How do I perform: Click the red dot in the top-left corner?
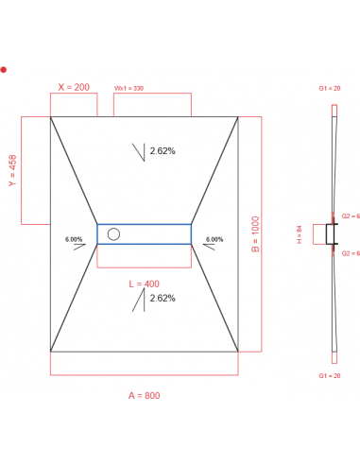[4, 69]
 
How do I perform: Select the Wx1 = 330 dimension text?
[129, 88]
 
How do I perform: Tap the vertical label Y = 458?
[12, 171]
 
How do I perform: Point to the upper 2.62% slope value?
[163, 151]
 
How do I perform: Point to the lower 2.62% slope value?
[163, 299]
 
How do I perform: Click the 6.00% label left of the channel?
[74, 239]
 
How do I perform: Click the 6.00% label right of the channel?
[213, 239]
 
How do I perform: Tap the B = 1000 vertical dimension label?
[254, 232]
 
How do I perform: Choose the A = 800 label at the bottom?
[145, 395]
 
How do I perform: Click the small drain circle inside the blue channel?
[114, 233]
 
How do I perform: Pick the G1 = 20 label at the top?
[330, 88]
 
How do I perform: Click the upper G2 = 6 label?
[350, 216]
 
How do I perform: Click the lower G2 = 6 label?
[350, 253]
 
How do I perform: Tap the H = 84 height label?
[299, 233]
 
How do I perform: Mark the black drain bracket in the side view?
[331, 233]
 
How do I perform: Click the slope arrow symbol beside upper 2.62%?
[140, 151]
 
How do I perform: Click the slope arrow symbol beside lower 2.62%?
[140, 301]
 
